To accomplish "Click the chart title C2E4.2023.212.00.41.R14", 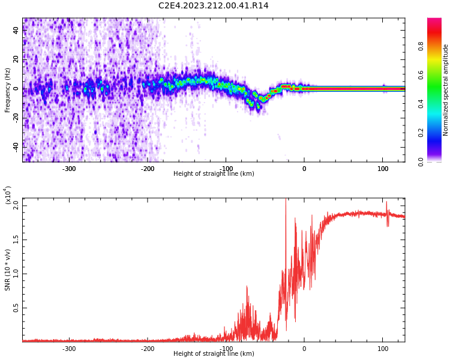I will coord(213,6).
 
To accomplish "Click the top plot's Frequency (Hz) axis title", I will coord(8,90).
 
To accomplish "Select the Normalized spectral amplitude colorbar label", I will coord(446,90).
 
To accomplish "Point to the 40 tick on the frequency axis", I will coord(16,30).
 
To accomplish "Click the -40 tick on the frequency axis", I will coord(16,146).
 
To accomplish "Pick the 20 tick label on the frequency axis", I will coord(16,59).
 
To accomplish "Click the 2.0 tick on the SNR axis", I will coord(16,205).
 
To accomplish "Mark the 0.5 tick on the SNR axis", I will coord(16,308).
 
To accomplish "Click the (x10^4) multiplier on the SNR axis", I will coord(8,195).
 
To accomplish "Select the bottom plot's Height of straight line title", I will coord(214,354).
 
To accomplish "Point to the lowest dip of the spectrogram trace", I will coord(259,109).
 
